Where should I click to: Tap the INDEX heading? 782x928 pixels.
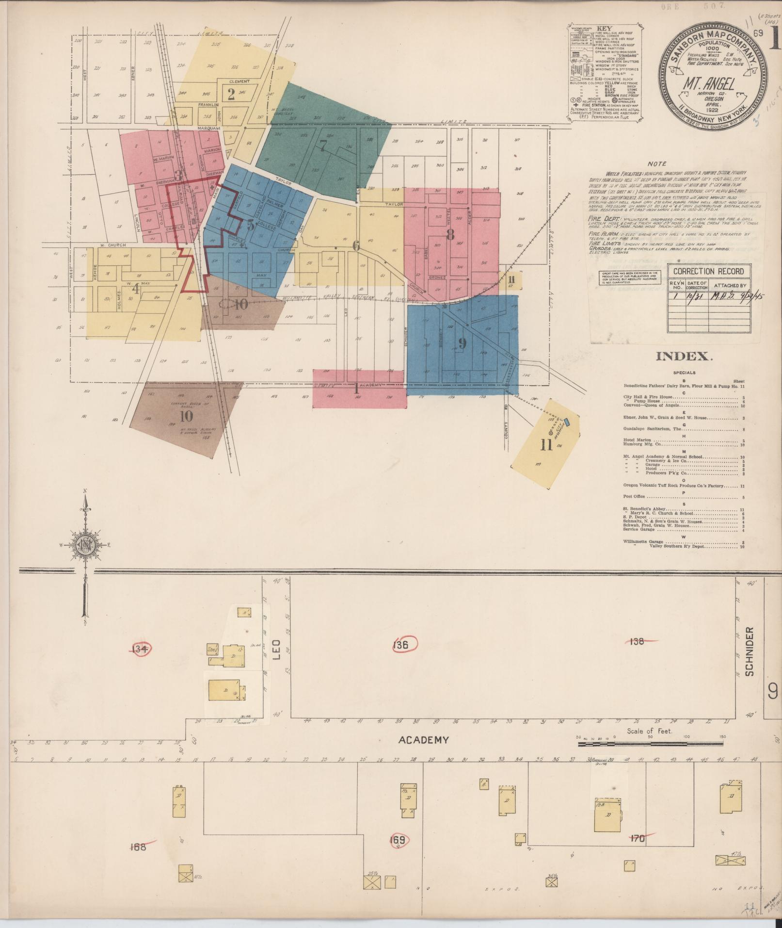click(684, 357)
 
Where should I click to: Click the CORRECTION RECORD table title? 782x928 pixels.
click(708, 271)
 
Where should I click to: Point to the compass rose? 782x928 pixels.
click(85, 545)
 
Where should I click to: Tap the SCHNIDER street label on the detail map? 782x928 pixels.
click(750, 651)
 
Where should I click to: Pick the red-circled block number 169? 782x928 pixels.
click(399, 839)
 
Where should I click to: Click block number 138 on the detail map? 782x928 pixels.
click(637, 642)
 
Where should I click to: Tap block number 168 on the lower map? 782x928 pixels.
click(138, 847)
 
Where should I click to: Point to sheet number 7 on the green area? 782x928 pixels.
click(323, 145)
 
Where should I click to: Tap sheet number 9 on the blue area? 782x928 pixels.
click(461, 343)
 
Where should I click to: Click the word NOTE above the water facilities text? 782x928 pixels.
click(656, 164)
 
